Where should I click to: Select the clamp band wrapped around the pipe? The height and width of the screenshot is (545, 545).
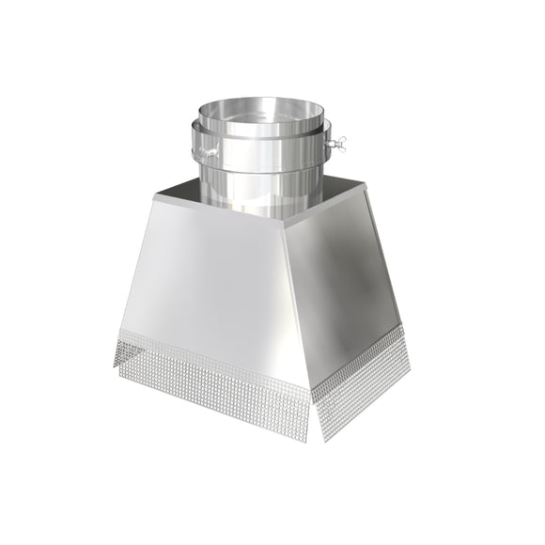pos(263,151)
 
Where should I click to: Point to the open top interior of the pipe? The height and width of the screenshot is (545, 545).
pos(266,110)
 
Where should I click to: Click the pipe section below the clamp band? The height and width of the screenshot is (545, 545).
pos(263,193)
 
